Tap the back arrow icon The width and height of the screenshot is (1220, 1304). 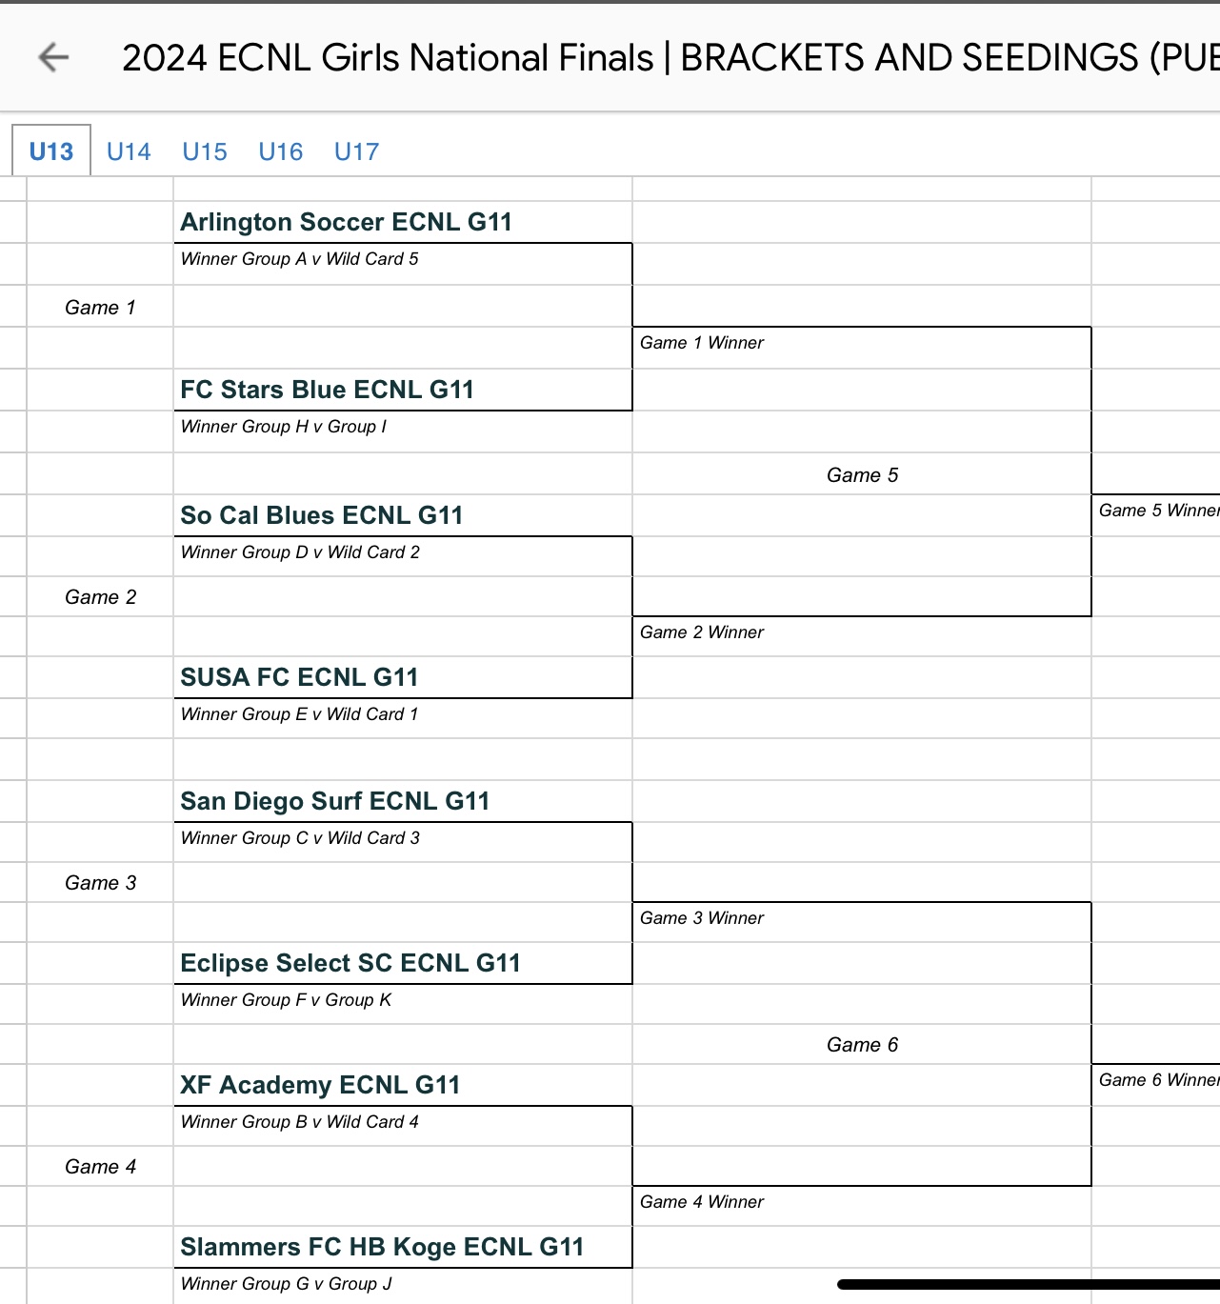click(x=53, y=58)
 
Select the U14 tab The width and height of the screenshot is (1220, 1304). click(x=129, y=151)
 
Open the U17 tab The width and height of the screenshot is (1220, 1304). click(x=356, y=151)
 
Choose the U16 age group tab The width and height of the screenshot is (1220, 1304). click(x=280, y=151)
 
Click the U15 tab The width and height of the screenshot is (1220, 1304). click(x=205, y=151)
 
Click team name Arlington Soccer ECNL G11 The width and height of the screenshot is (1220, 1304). click(x=347, y=222)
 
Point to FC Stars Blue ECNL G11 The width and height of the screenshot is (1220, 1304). click(x=327, y=390)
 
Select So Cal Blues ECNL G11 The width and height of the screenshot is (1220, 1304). click(x=322, y=515)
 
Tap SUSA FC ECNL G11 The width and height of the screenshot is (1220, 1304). click(x=299, y=677)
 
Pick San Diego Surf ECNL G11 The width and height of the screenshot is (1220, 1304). click(x=335, y=801)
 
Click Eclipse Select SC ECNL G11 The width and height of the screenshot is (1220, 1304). click(x=350, y=963)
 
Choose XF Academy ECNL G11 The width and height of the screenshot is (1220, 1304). click(x=320, y=1085)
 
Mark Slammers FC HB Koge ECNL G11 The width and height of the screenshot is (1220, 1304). click(x=382, y=1247)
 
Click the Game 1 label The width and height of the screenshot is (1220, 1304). click(x=100, y=308)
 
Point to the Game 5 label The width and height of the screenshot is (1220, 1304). click(x=862, y=475)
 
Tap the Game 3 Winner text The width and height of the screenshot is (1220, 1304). click(x=702, y=918)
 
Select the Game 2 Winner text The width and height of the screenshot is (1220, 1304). click(x=702, y=632)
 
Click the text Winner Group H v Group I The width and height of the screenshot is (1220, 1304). click(x=284, y=427)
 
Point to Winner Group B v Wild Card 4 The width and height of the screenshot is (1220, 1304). click(x=300, y=1122)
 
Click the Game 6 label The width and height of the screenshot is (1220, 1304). click(x=862, y=1045)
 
